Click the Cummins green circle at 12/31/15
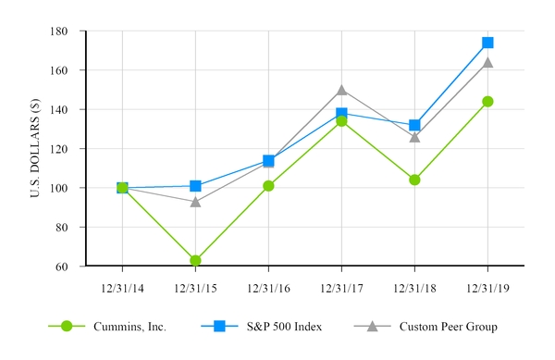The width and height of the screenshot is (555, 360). pyautogui.click(x=195, y=260)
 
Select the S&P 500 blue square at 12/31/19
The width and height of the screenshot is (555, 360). pyautogui.click(x=487, y=43)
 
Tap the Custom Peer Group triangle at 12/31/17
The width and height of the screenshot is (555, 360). pyautogui.click(x=341, y=90)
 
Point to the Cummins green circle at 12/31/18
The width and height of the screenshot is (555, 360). pyautogui.click(x=414, y=180)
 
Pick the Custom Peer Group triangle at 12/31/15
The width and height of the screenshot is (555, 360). pyautogui.click(x=195, y=201)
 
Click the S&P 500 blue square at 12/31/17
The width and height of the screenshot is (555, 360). pyautogui.click(x=341, y=114)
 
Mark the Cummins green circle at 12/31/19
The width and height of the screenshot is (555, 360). pyautogui.click(x=487, y=102)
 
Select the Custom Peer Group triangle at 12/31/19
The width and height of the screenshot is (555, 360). pyautogui.click(x=487, y=62)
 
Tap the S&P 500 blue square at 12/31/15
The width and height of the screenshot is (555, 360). pyautogui.click(x=195, y=186)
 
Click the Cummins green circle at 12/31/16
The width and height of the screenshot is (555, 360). pyautogui.click(x=268, y=186)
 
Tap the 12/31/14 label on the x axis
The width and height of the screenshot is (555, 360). pyautogui.click(x=122, y=287)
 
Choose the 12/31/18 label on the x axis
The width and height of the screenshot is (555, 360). pyautogui.click(x=414, y=287)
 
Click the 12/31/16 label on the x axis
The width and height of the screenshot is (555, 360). pyautogui.click(x=268, y=287)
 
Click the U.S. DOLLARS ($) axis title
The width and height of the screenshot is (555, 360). pyautogui.click(x=35, y=148)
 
